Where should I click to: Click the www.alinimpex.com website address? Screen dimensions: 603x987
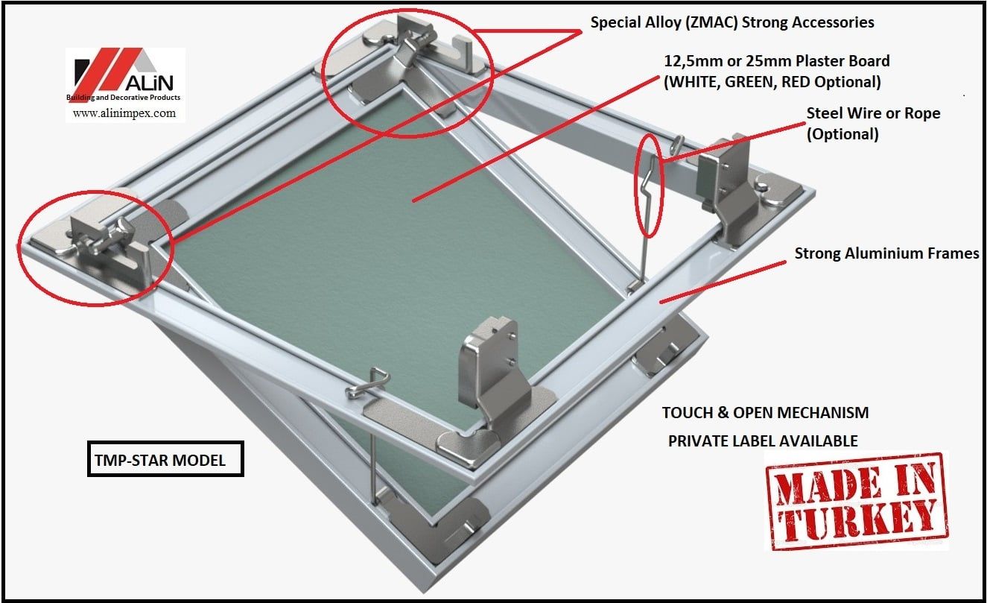coord(124,113)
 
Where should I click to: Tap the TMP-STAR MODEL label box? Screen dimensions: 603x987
coord(165,461)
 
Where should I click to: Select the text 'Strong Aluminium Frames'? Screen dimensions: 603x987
coord(886,253)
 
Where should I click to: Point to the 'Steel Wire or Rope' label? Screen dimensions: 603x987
coord(873,113)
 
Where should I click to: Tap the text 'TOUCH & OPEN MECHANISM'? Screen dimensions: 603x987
coord(765,413)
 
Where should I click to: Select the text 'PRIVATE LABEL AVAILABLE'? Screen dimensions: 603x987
coord(762,441)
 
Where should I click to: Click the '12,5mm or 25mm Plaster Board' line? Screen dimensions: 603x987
coord(776,60)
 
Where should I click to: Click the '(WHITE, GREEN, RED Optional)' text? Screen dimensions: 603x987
coord(772,81)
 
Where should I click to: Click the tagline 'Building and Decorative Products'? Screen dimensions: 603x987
coord(124,98)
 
